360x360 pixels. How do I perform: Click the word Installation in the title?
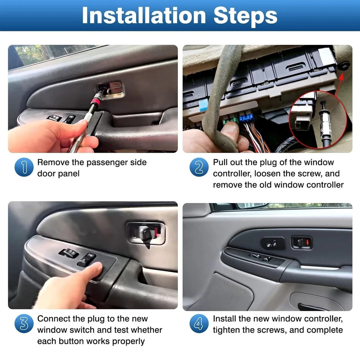144,15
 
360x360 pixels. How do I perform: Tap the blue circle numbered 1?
24,167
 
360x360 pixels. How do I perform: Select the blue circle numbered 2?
199,167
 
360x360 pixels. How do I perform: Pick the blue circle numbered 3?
24,324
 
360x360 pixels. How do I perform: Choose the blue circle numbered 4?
199,324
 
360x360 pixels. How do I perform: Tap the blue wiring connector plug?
246,118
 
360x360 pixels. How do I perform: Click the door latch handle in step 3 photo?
144,233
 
